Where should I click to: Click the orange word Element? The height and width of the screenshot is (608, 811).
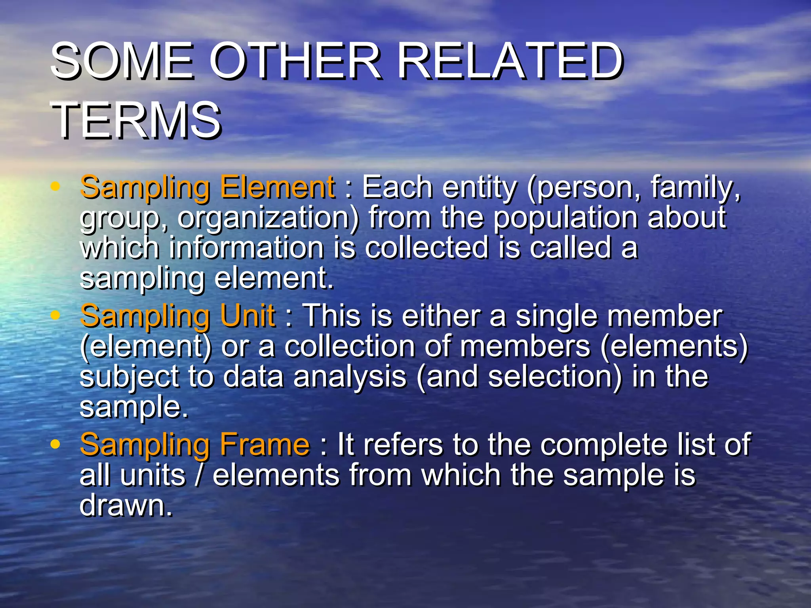pyautogui.click(x=277, y=187)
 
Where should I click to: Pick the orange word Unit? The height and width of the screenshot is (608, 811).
pyautogui.click(x=247, y=316)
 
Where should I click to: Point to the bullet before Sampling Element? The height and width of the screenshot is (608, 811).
pyautogui.click(x=55, y=186)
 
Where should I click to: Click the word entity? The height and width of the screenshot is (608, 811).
pyautogui.click(x=480, y=187)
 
